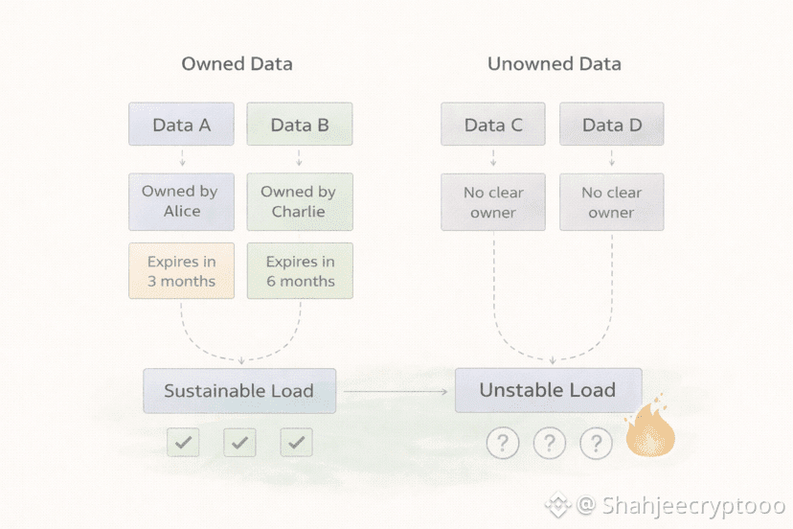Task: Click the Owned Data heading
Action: pos(237,64)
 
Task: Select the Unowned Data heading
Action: pos(554,64)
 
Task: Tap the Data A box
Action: pos(181,125)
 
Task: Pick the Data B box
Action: pos(300,125)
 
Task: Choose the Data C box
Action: pos(493,125)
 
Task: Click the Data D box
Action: pos(611,125)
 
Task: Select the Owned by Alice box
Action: pos(181,201)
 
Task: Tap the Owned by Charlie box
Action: pos(300,201)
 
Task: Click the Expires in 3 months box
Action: pos(181,271)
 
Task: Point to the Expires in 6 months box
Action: pos(300,271)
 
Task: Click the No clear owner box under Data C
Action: pos(493,202)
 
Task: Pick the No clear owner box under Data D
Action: pos(611,202)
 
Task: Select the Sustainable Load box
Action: pos(239,391)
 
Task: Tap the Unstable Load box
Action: pos(548,391)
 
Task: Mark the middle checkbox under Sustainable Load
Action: pos(239,442)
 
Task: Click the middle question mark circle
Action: pos(549,443)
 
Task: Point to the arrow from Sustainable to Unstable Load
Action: pos(395,391)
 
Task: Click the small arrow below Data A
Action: pos(182,158)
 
